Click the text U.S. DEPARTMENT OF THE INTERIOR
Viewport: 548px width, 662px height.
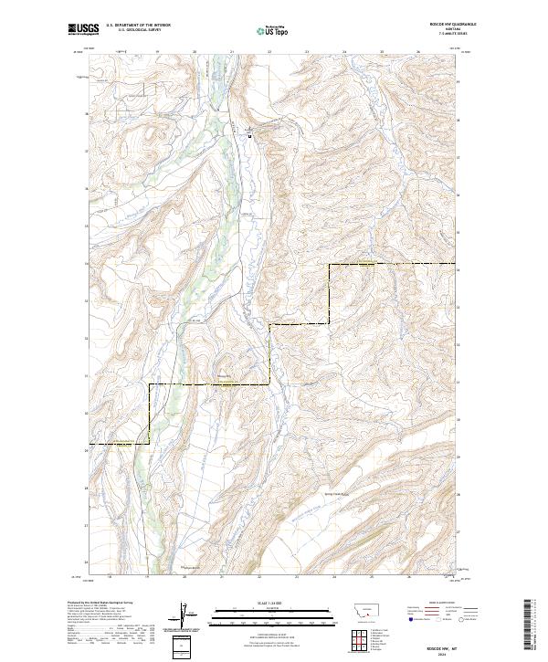click(x=138, y=26)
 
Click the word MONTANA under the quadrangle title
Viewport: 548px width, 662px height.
click(x=446, y=30)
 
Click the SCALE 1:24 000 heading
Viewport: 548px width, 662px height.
click(x=273, y=603)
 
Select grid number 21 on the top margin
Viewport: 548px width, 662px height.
click(x=232, y=52)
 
